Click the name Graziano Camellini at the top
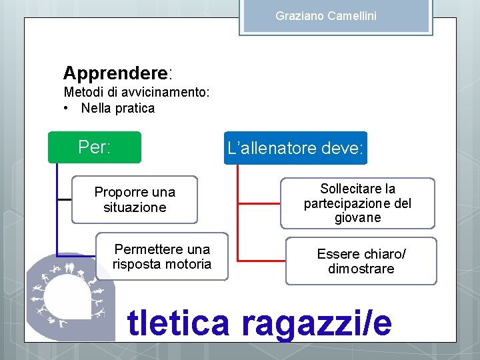click(x=326, y=15)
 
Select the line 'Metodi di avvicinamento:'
click(x=137, y=93)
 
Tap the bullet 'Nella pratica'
click(x=117, y=108)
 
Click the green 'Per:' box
click(x=95, y=147)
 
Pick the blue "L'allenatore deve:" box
click(x=296, y=148)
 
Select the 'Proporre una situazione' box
click(x=135, y=199)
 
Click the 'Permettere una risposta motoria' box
click(x=162, y=257)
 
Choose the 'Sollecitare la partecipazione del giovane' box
click(x=357, y=203)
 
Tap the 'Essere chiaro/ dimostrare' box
click(x=361, y=261)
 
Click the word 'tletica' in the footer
click(x=178, y=323)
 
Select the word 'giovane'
click(x=359, y=218)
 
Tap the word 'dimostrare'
click(x=361, y=269)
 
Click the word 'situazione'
click(x=135, y=207)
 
